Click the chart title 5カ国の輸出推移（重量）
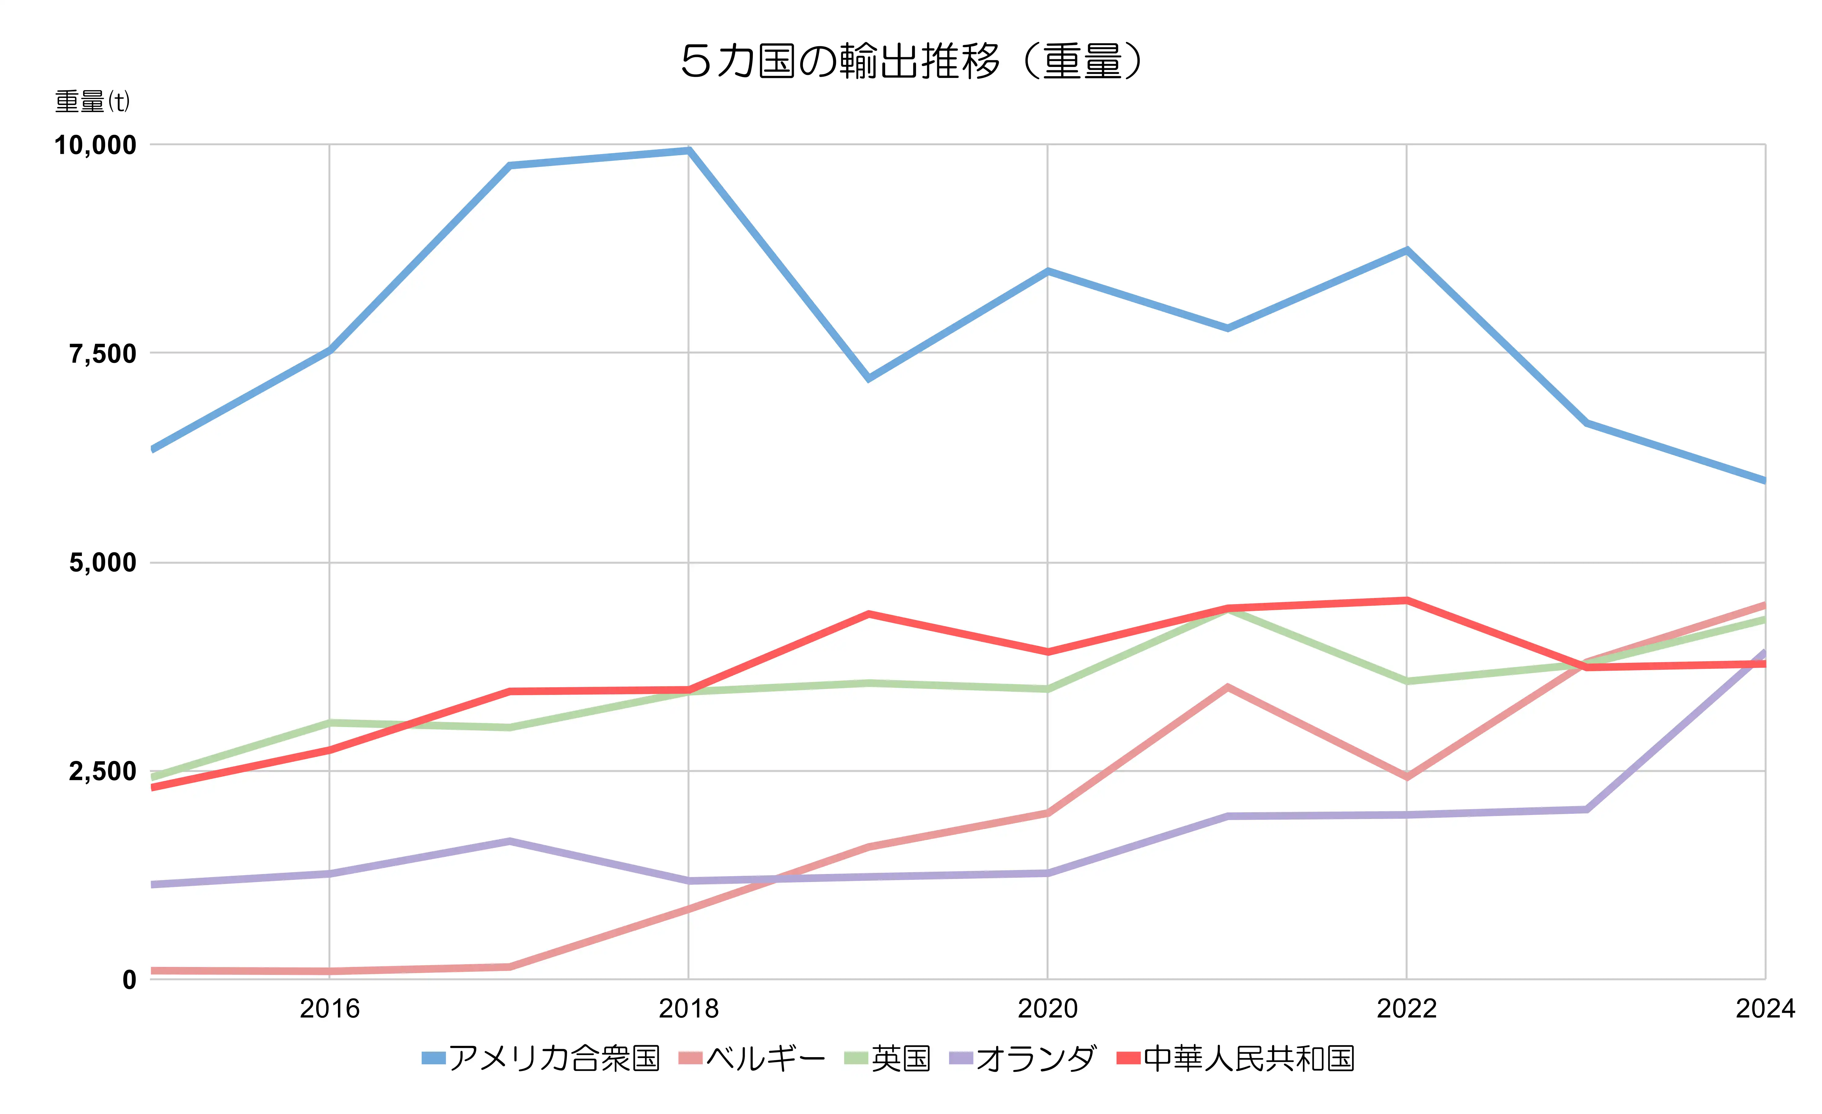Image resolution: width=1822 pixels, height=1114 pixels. [x=911, y=61]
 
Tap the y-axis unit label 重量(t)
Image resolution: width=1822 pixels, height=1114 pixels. [x=93, y=101]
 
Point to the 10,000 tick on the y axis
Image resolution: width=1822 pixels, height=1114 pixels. [x=95, y=145]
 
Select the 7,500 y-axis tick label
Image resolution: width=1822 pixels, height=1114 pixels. [x=103, y=354]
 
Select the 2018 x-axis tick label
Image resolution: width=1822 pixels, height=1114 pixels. [x=688, y=1008]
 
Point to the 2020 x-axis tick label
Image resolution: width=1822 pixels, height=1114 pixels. [x=1047, y=1008]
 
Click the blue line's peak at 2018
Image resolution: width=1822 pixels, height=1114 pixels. [x=688, y=151]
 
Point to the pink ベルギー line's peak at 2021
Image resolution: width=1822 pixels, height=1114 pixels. [x=1227, y=687]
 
